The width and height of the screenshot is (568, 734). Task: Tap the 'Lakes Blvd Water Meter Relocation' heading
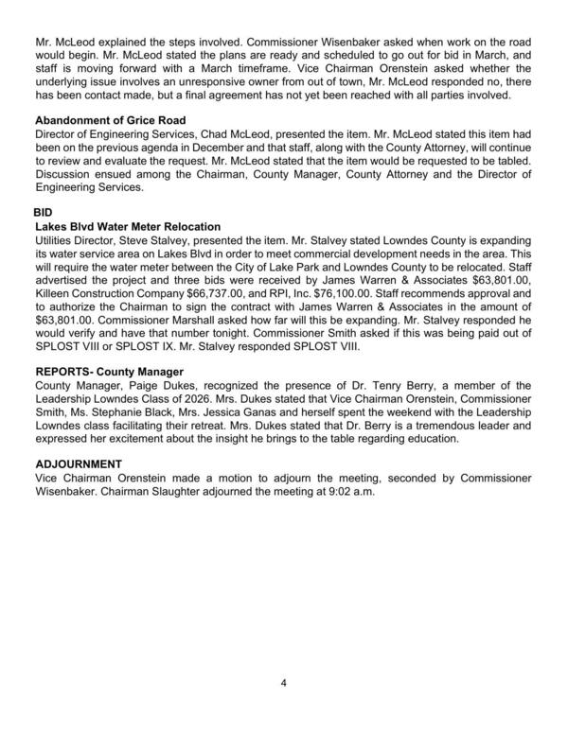point(128,228)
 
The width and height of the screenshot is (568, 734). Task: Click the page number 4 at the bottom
point(283,681)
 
